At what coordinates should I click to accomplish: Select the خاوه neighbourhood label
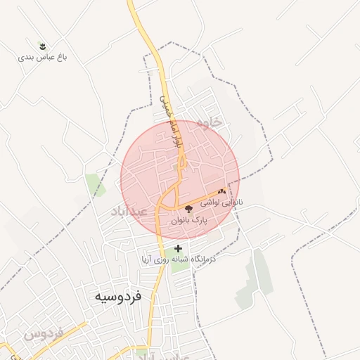210,122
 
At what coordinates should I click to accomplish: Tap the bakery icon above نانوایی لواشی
222,191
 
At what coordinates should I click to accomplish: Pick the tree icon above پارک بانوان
188,209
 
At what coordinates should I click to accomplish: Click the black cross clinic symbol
179,247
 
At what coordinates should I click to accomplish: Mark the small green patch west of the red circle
96,184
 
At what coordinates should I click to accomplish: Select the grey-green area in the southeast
257,281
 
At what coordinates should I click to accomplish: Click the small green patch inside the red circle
176,167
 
